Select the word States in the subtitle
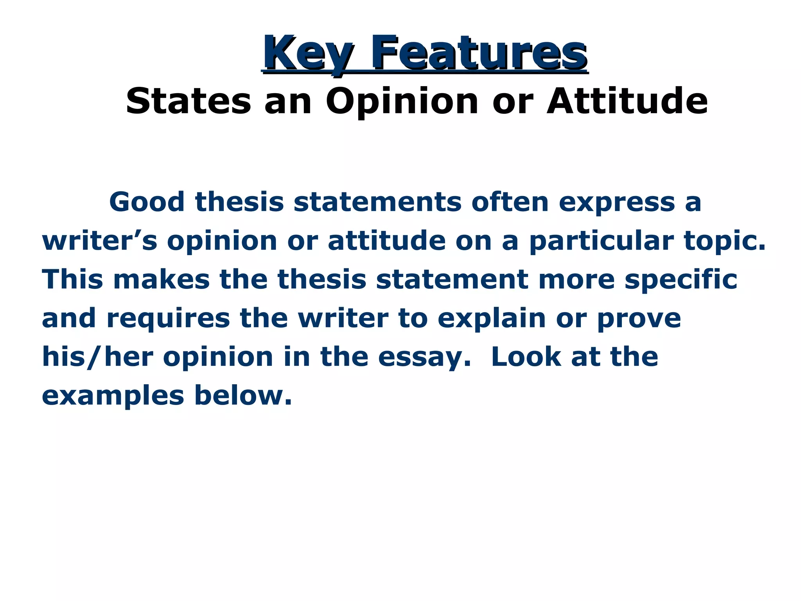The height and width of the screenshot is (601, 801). tap(188, 101)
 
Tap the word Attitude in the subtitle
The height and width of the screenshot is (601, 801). tap(627, 101)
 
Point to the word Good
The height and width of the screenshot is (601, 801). tap(147, 202)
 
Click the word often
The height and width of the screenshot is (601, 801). tap(510, 202)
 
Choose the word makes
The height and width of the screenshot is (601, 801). tap(162, 279)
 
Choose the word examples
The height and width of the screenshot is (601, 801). tap(113, 396)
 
